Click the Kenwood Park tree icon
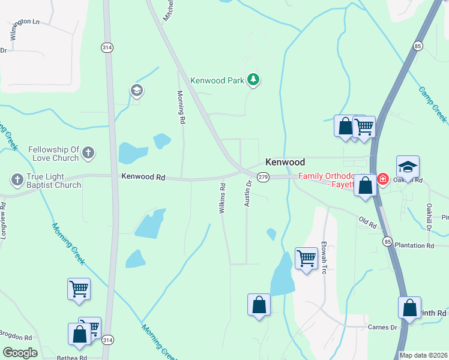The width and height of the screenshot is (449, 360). coord(253,80)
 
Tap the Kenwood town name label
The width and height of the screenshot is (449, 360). coord(285,162)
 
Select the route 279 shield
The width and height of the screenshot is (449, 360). coord(262,177)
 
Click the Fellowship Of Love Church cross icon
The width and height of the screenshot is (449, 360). coord(88,152)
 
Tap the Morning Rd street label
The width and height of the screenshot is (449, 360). coord(180,107)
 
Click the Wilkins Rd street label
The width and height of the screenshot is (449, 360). coord(222,199)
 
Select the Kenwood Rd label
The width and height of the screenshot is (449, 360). coord(143,176)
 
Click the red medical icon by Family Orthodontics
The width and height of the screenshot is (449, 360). coord(382,179)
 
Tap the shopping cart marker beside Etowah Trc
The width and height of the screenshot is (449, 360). coord(306,259)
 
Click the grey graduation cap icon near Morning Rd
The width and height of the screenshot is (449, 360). coord(136,91)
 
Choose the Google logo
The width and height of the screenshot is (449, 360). coord(20,352)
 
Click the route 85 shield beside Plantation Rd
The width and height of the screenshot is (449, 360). coord(388,241)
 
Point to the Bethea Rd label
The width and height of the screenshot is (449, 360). coord(72,358)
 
